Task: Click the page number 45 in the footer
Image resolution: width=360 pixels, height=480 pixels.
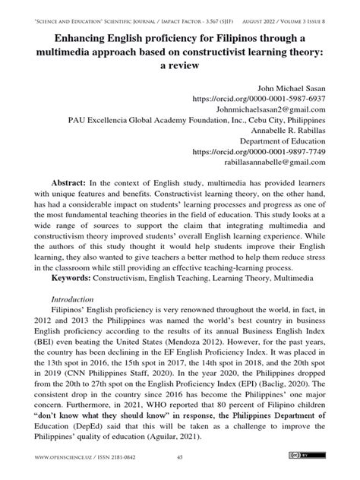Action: [180, 457]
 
